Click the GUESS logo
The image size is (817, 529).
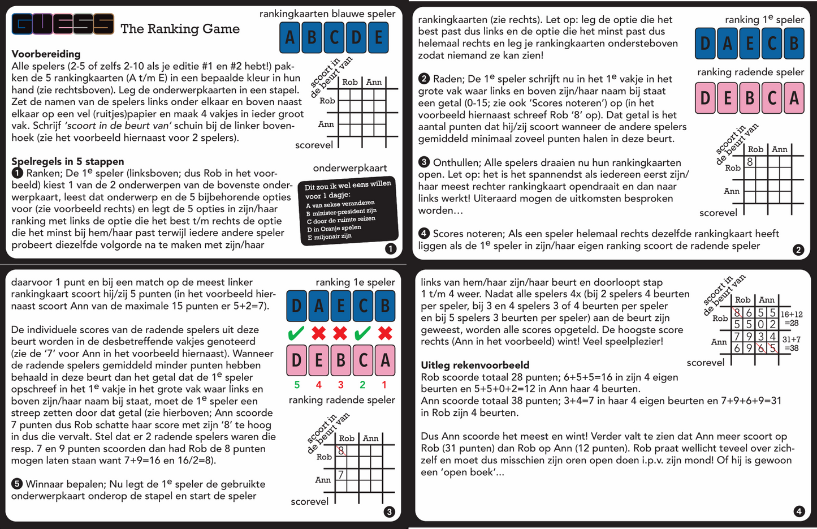coord(63,24)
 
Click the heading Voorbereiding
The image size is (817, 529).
coord(46,54)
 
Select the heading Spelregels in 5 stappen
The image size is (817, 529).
coord(67,161)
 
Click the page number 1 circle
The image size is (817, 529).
coord(390,248)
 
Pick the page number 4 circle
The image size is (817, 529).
coord(798,511)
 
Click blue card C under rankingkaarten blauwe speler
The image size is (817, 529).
coord(334,37)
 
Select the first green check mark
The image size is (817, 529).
coord(296,333)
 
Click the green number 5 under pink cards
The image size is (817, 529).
coord(297,385)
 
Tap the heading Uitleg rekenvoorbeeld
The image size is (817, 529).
coord(475,365)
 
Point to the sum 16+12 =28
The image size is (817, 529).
coord(791,319)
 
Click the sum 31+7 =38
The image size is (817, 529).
coord(791,343)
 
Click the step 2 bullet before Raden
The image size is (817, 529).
coord(424,79)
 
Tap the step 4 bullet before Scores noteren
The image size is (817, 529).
coord(424,233)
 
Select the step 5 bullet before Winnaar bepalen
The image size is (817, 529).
coord(17,484)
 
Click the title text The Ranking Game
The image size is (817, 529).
coord(180,29)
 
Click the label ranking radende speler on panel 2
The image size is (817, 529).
coord(750,72)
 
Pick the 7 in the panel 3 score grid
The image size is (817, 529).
coord(341,475)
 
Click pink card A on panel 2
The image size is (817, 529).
coord(794,98)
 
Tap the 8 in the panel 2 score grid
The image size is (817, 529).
coord(750,162)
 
